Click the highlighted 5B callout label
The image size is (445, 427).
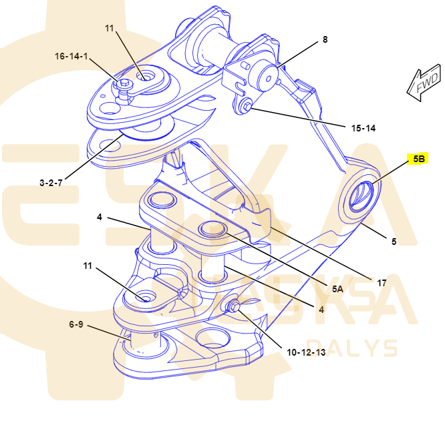click(418, 159)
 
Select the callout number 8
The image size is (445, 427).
click(325, 39)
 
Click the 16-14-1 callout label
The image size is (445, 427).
click(71, 56)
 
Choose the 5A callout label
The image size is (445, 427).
click(337, 288)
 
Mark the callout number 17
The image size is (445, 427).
click(382, 282)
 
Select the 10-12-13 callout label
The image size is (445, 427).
click(306, 352)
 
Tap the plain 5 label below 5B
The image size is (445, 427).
click(394, 242)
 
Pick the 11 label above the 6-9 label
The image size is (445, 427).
click(88, 266)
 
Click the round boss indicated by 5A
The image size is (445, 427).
click(212, 228)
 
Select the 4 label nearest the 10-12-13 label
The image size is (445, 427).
click(321, 310)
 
